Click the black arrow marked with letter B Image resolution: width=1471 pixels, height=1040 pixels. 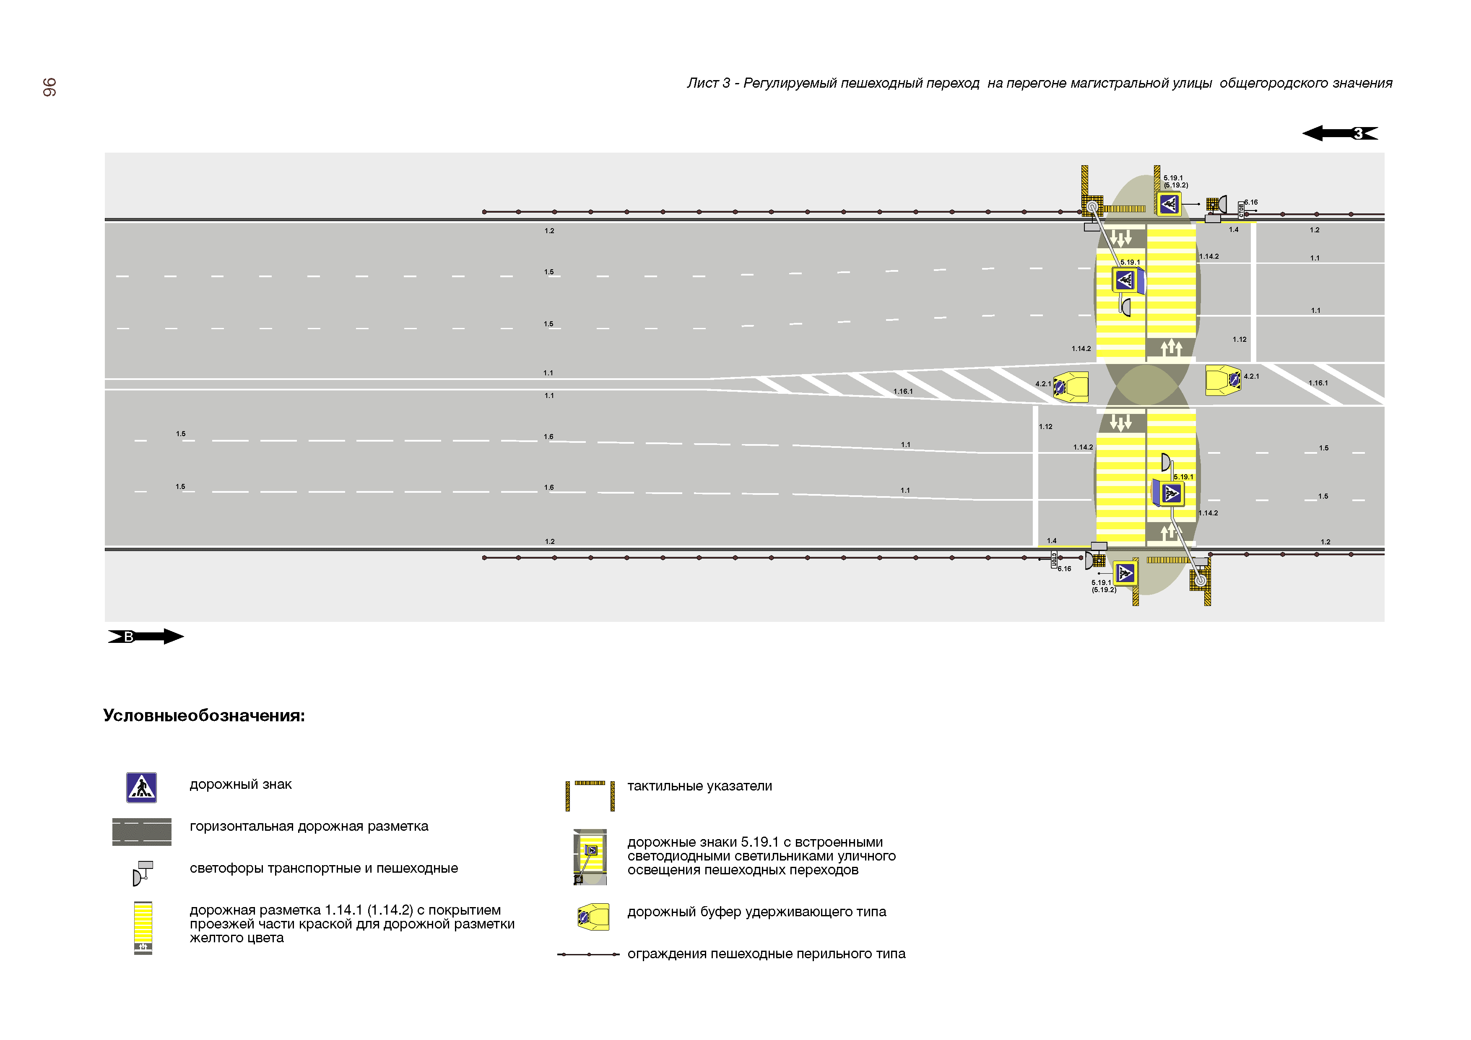[146, 636]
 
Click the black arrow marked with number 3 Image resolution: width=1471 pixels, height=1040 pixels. [1340, 133]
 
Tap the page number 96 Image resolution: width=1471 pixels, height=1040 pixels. [49, 87]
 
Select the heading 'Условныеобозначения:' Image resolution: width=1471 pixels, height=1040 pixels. [204, 716]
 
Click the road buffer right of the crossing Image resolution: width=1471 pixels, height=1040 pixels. [1222, 380]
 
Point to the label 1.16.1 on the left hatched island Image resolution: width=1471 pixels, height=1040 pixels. [903, 392]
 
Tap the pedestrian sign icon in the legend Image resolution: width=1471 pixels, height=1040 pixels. [142, 788]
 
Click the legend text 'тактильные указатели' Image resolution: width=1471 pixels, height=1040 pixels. [699, 786]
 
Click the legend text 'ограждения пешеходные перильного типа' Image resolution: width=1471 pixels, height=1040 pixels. [766, 954]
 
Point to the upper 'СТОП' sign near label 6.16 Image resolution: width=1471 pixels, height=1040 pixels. [1241, 210]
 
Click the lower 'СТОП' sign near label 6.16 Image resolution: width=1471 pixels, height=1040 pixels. [1053, 559]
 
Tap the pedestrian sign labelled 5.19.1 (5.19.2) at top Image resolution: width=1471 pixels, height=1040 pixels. [1169, 204]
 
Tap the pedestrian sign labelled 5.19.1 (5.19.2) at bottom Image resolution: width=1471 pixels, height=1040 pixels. [1125, 573]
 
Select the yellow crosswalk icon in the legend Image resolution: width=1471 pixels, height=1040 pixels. [143, 927]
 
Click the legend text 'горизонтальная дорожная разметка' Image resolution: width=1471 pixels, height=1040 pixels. [309, 827]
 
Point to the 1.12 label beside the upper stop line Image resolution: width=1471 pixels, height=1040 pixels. [1239, 340]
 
